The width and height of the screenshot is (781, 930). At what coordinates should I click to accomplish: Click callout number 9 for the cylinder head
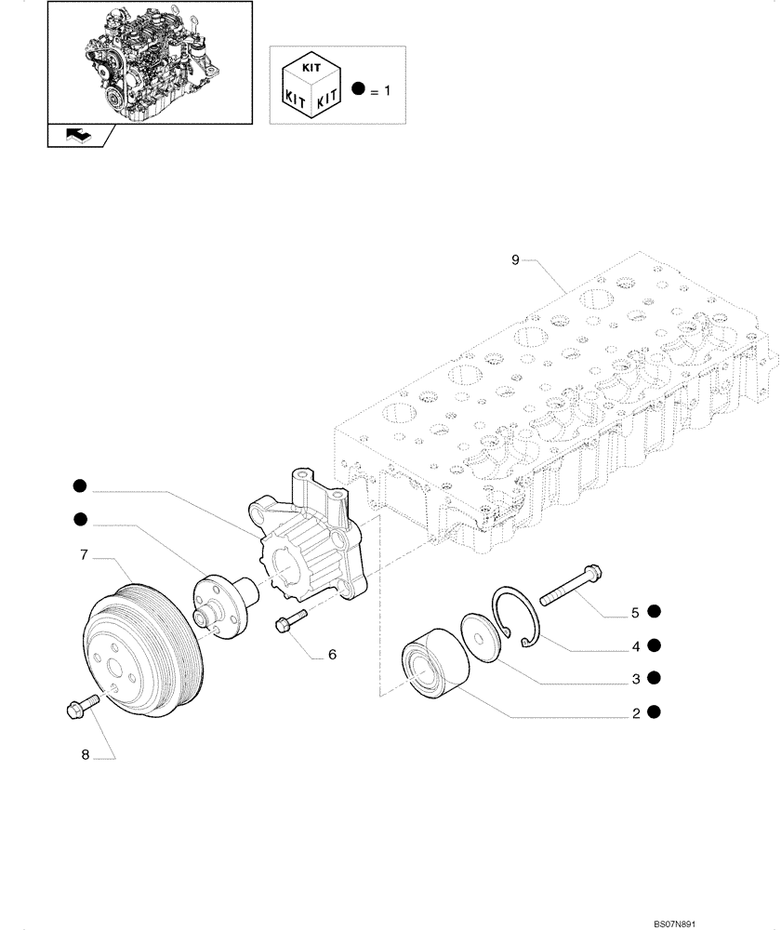coord(515,260)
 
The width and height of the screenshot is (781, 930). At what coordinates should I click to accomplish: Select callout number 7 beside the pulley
coord(84,555)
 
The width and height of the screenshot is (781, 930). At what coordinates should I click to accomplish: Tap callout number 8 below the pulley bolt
coord(85,755)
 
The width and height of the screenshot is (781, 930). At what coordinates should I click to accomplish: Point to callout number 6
coord(331,654)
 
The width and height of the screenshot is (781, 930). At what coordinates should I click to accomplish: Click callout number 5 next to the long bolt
coord(635,612)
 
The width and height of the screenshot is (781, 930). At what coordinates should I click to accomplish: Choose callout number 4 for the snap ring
coord(635,645)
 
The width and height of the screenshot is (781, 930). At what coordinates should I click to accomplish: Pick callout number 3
coord(635,679)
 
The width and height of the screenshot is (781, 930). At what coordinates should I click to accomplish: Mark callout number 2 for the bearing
coord(635,713)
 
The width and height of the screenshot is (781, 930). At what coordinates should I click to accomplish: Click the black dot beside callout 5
coord(655,611)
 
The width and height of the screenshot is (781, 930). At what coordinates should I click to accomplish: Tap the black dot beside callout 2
coord(655,712)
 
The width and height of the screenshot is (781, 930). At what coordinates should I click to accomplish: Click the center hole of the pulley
coord(117,668)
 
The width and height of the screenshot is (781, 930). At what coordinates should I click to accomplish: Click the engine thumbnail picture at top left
coord(150,62)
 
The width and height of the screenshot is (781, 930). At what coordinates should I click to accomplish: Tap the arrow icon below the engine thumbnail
coord(77,135)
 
